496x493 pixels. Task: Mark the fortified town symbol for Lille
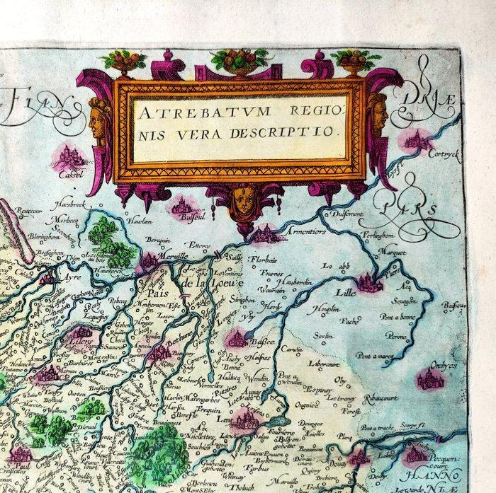point(369,282)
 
